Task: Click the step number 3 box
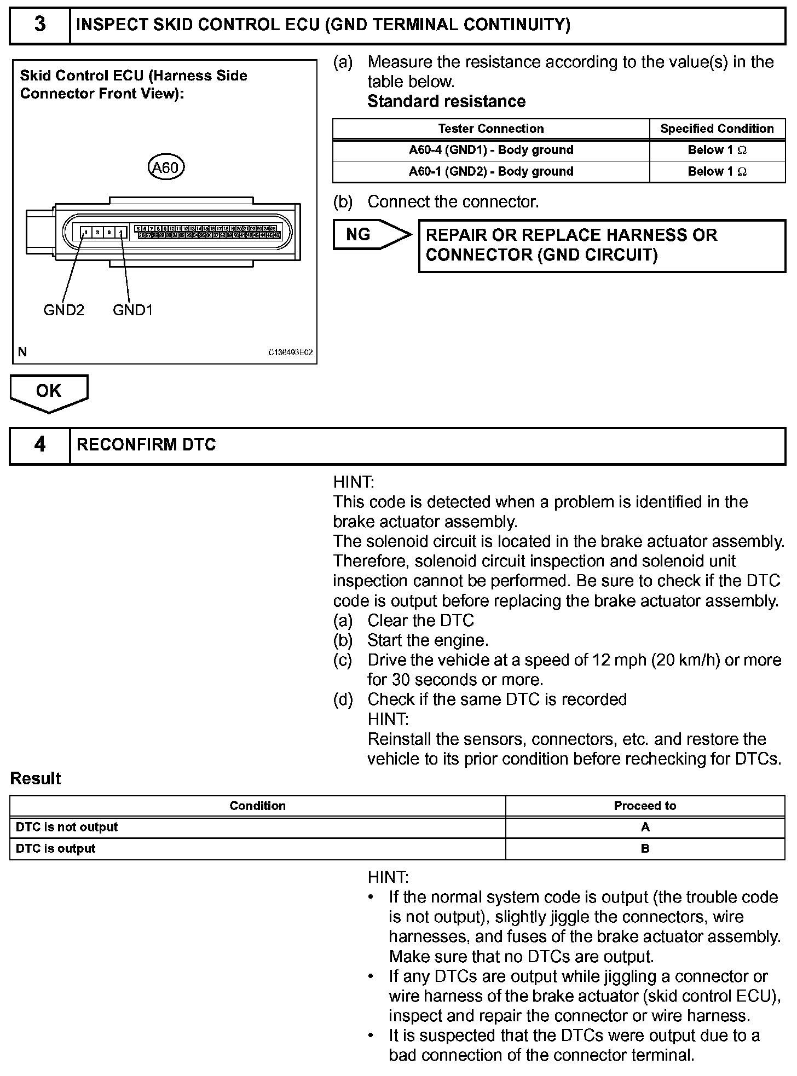pos(40,25)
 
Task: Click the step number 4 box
pos(40,444)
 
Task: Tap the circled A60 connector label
pos(166,167)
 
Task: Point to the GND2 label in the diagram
pos(63,310)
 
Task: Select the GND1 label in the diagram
pos(132,310)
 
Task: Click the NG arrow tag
pos(371,234)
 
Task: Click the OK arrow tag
pos(49,392)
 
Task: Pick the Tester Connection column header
pos(490,129)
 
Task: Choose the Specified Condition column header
pos(717,129)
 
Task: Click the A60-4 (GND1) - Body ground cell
pos(490,150)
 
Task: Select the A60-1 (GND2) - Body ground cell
pos(490,171)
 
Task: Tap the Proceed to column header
pos(645,806)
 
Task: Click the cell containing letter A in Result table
pos(645,827)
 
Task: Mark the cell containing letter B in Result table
pos(645,848)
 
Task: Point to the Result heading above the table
pos(36,778)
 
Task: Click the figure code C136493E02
pos(290,352)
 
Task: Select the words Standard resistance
pos(446,101)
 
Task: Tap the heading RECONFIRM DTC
pos(146,444)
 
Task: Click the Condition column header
pos(257,806)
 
